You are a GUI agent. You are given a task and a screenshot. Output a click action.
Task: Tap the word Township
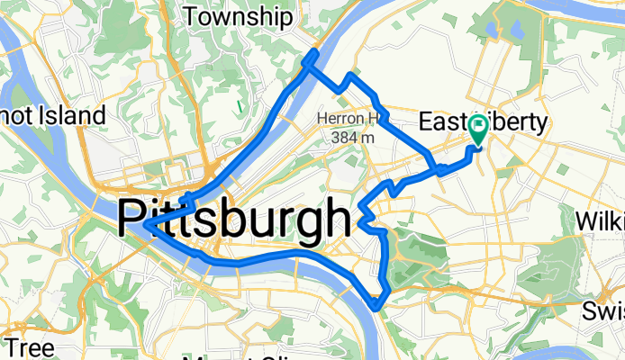[238, 16]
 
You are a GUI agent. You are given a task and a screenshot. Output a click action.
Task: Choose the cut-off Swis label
[604, 311]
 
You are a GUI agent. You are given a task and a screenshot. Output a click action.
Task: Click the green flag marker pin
[477, 129]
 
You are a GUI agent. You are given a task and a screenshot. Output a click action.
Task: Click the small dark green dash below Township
[240, 106]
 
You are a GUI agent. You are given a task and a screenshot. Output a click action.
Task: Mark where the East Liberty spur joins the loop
[438, 168]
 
